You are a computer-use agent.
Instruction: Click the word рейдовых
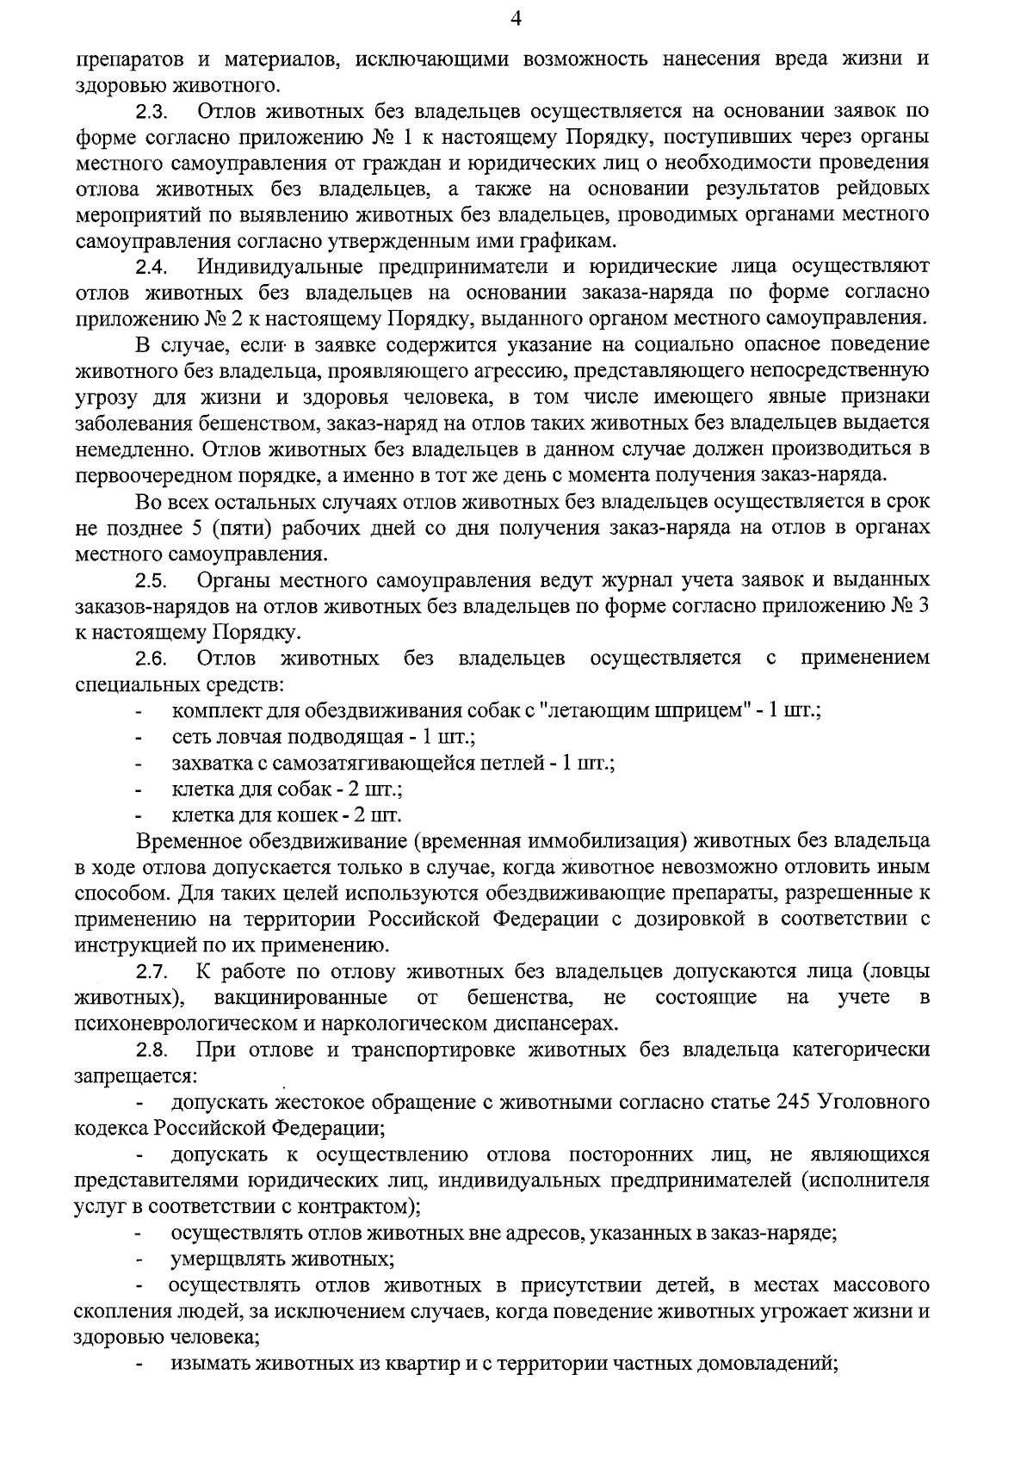pos(885,189)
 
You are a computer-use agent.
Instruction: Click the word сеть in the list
pos(189,738)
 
